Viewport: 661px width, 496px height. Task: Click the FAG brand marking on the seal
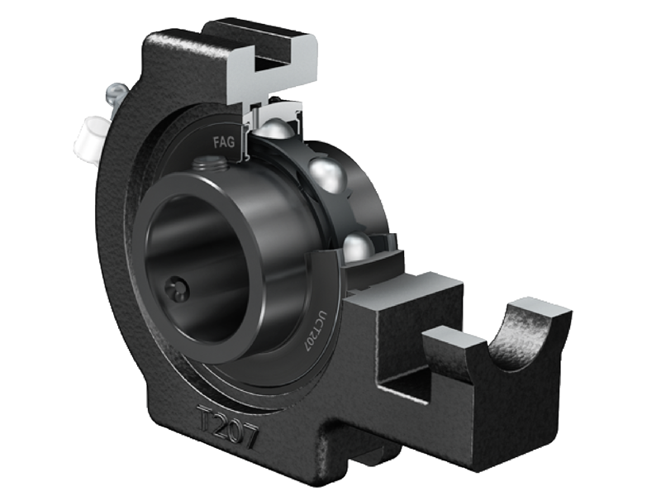pyautogui.click(x=225, y=141)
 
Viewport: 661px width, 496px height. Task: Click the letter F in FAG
pyautogui.click(x=217, y=141)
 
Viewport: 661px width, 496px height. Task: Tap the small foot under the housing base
pyautogui.click(x=364, y=451)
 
